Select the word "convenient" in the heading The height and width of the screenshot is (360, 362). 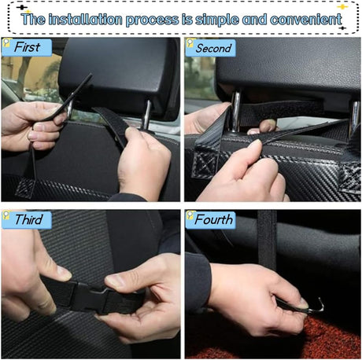tap(292, 18)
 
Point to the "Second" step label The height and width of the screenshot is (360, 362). tap(214, 48)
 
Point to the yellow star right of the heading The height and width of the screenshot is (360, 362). tap(342, 6)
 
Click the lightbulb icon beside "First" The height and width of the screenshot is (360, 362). tap(6, 46)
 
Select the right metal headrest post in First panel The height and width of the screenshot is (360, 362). tap(146, 112)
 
